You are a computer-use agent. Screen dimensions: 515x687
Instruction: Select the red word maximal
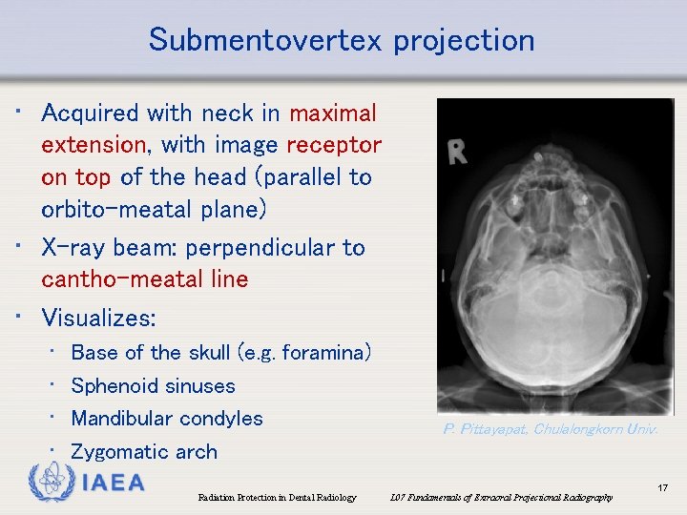click(333, 113)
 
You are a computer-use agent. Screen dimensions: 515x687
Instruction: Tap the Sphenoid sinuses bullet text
click(153, 386)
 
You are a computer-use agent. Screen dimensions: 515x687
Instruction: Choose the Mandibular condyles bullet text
click(167, 419)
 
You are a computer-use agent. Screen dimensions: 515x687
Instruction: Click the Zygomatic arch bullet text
click(144, 452)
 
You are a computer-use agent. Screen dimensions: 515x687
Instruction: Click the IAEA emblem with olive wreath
click(50, 483)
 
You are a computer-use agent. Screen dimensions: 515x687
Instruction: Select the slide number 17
click(662, 488)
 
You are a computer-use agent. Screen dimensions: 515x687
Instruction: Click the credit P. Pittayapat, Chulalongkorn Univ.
click(550, 429)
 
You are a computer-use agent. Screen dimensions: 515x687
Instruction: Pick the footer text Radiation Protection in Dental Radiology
click(277, 498)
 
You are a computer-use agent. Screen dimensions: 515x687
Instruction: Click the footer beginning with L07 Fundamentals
click(502, 498)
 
